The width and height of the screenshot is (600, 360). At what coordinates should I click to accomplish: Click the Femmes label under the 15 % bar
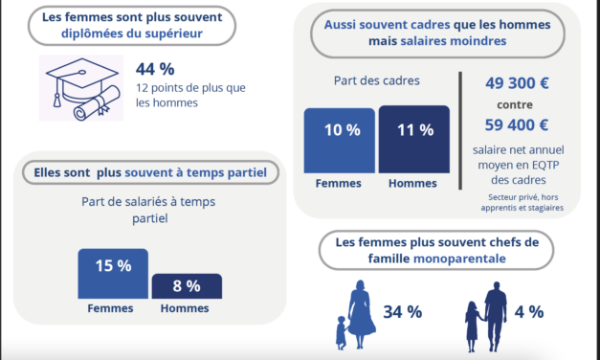pyautogui.click(x=111, y=310)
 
